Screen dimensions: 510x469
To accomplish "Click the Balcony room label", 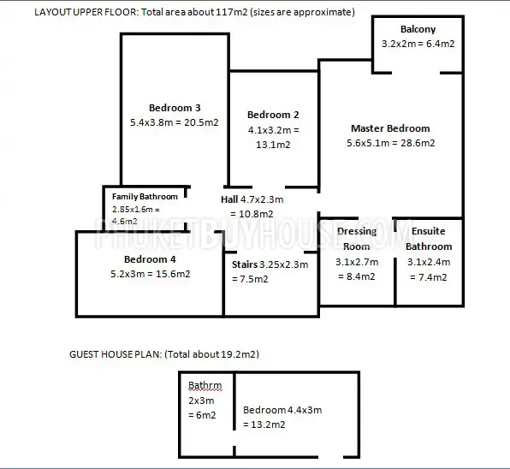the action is [x=418, y=29].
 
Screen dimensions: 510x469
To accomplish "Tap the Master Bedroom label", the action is [x=390, y=128].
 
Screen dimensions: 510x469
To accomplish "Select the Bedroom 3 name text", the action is [x=175, y=108].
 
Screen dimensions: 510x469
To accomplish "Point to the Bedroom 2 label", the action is [x=273, y=115].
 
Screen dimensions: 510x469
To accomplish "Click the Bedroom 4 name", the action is [x=150, y=259].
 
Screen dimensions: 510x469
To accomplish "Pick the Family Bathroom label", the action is [x=145, y=197].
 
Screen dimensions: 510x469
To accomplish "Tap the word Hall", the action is [x=229, y=199].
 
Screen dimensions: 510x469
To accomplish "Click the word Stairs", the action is [x=245, y=264].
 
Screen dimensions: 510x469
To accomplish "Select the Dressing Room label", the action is [x=357, y=239].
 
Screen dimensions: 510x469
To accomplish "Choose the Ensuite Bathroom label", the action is [x=429, y=239].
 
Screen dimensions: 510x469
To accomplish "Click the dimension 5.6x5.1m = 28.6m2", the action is [x=390, y=143].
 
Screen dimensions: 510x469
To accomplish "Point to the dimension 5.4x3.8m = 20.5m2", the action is [x=175, y=122].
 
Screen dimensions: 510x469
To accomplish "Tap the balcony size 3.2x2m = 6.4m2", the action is [x=418, y=44].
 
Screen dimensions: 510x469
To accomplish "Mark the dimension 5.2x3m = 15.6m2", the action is [x=151, y=274].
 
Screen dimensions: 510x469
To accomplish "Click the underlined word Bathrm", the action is [x=205, y=385].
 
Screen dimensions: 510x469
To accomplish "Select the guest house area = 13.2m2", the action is [x=264, y=424].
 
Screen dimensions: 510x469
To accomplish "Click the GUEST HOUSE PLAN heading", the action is [x=116, y=354].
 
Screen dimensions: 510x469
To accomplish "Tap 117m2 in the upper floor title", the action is [x=231, y=12].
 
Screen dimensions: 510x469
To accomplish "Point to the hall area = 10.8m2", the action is [x=252, y=214].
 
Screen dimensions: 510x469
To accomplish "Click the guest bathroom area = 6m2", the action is [x=202, y=415].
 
